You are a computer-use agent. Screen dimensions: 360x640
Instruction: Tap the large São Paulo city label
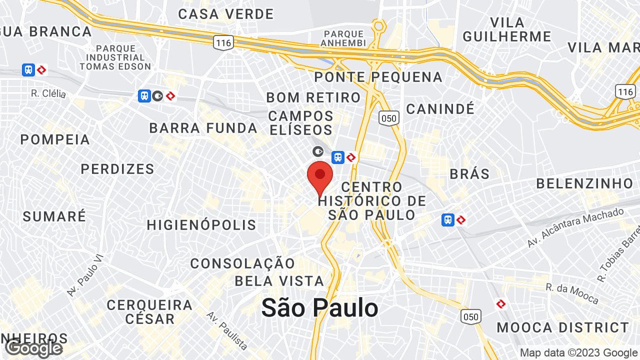(319, 307)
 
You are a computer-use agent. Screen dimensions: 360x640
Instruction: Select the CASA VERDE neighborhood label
(226, 14)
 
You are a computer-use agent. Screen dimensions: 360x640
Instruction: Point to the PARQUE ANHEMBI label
(344, 38)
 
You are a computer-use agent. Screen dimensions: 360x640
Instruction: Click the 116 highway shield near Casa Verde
(223, 42)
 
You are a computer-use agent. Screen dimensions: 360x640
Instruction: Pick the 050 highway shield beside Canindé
(388, 118)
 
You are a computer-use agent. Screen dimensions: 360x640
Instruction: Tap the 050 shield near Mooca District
(471, 316)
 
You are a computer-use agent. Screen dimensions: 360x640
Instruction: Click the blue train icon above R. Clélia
(28, 70)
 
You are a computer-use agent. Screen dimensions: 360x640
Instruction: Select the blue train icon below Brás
(448, 219)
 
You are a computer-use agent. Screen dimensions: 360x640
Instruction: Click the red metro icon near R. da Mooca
(501, 304)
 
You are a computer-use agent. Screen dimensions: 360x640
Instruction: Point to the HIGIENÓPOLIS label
(201, 225)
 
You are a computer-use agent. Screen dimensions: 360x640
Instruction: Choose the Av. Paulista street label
(227, 330)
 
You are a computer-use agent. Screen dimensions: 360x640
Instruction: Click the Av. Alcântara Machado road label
(575, 228)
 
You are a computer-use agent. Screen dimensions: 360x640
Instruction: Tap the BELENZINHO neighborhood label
(585, 183)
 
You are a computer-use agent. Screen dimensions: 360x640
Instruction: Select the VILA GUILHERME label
(507, 29)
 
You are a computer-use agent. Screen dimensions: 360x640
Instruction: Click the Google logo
(33, 348)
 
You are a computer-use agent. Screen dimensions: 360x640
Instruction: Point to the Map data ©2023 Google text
(579, 353)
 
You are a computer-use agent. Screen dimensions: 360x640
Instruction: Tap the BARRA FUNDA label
(203, 128)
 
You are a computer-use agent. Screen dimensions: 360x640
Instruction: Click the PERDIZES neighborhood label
(117, 169)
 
